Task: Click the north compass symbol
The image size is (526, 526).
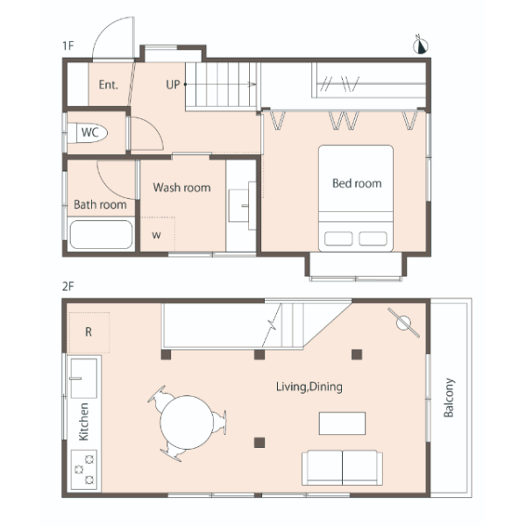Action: pyautogui.click(x=420, y=45)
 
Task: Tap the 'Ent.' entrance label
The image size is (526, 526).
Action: pyautogui.click(x=109, y=84)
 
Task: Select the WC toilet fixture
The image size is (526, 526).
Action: pyautogui.click(x=87, y=133)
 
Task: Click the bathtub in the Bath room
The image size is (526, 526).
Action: pyautogui.click(x=101, y=234)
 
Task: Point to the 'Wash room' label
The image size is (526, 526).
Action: pyautogui.click(x=181, y=188)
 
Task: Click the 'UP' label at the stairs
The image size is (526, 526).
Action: pyautogui.click(x=173, y=84)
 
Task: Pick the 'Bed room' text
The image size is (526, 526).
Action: pyautogui.click(x=357, y=183)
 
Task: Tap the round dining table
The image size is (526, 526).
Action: pyautogui.click(x=187, y=423)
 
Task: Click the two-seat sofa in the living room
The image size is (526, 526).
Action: pyautogui.click(x=342, y=467)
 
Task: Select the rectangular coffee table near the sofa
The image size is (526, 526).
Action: pyautogui.click(x=342, y=423)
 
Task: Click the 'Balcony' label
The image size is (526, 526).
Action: pyautogui.click(x=449, y=397)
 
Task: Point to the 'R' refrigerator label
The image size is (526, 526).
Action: pyautogui.click(x=89, y=331)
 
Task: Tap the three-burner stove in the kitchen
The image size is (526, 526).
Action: pyautogui.click(x=84, y=469)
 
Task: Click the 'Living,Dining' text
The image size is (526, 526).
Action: pyautogui.click(x=309, y=387)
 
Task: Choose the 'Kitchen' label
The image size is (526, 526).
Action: pyautogui.click(x=83, y=422)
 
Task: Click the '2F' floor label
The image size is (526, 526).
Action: pyautogui.click(x=68, y=287)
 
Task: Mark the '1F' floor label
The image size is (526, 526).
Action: pyautogui.click(x=68, y=46)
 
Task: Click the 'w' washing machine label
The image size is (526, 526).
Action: pyautogui.click(x=156, y=235)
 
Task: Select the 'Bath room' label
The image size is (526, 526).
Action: pyautogui.click(x=100, y=204)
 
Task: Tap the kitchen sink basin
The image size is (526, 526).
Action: pyautogui.click(x=84, y=379)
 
